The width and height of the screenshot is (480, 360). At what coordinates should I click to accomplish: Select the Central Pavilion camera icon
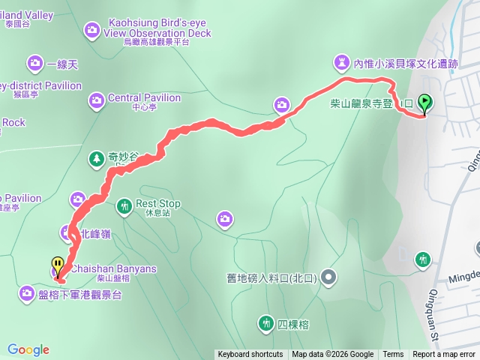[x=97, y=99]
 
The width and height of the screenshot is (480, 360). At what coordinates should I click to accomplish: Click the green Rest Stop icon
[x=124, y=205]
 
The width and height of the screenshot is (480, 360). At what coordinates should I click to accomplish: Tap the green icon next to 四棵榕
[x=265, y=324]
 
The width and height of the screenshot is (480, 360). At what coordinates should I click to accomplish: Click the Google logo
[x=28, y=349]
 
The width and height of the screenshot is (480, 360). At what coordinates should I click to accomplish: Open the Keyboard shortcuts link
[x=250, y=355]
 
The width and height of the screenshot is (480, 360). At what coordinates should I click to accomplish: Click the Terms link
[x=393, y=355]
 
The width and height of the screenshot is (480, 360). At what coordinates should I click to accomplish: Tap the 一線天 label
[x=61, y=65]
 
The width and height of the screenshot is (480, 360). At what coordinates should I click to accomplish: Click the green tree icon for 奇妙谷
[x=96, y=158]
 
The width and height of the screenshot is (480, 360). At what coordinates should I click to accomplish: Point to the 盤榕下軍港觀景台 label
[x=81, y=295]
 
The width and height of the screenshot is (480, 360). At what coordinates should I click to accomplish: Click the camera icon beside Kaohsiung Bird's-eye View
[x=91, y=29]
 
